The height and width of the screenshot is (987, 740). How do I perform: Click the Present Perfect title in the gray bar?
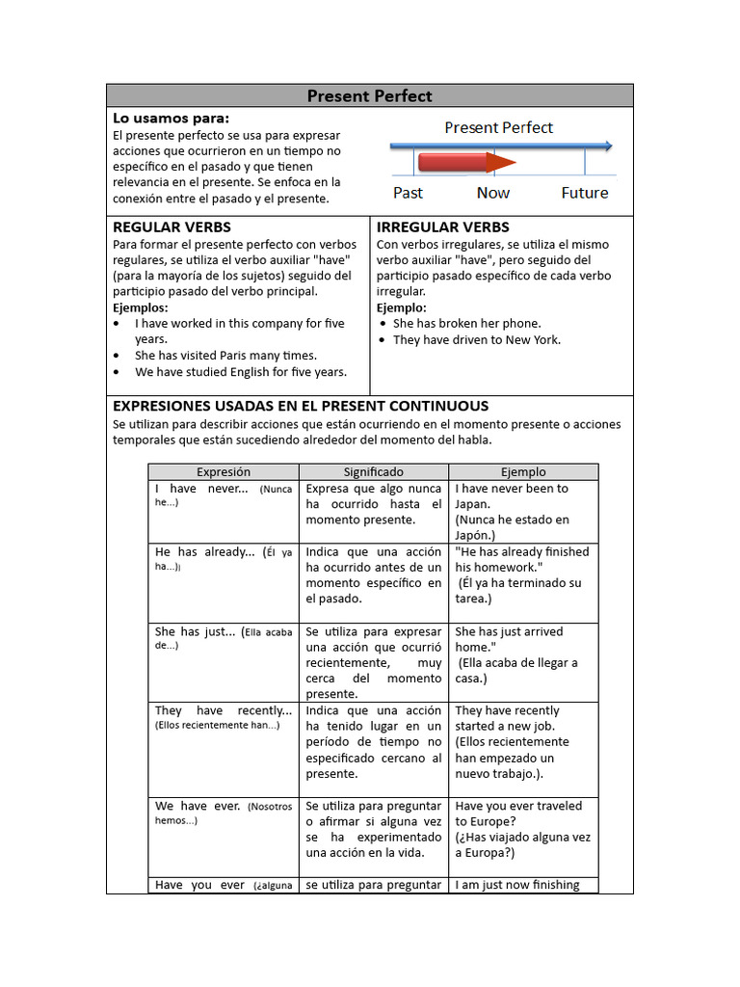pyautogui.click(x=369, y=95)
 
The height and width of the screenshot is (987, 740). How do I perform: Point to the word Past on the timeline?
pyautogui.click(x=408, y=193)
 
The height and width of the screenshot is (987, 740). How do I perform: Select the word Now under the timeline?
pyautogui.click(x=493, y=193)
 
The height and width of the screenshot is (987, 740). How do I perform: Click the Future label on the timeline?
pyautogui.click(x=585, y=193)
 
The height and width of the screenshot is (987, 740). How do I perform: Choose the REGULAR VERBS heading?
pyautogui.click(x=172, y=227)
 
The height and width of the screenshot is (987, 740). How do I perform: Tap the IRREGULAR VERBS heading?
pyautogui.click(x=443, y=227)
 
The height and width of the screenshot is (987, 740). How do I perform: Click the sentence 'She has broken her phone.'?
pyautogui.click(x=467, y=324)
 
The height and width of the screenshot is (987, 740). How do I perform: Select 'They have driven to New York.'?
pyautogui.click(x=477, y=339)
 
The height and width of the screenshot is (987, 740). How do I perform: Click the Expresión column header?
pyautogui.click(x=224, y=472)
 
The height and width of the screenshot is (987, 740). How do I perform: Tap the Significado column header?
pyautogui.click(x=374, y=472)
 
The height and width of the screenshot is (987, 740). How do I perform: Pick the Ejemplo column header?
pyautogui.click(x=523, y=472)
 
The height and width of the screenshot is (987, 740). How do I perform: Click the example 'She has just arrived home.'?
pyautogui.click(x=510, y=639)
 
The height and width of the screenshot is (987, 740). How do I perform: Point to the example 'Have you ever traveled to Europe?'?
pyautogui.click(x=518, y=814)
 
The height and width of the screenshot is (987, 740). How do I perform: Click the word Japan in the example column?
pyautogui.click(x=473, y=503)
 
